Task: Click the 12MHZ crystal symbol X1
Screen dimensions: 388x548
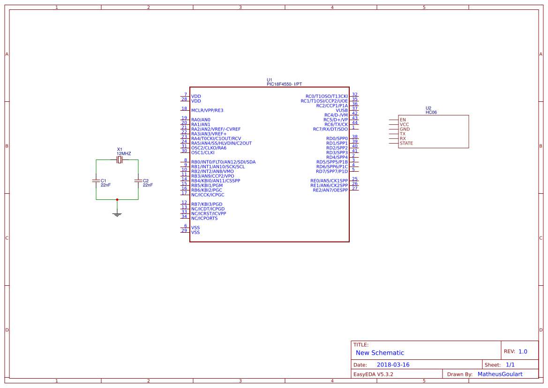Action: (x=120, y=160)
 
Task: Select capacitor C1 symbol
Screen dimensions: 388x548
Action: (x=96, y=181)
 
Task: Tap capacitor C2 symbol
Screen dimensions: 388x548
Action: (x=138, y=181)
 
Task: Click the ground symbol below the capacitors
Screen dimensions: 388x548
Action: (x=117, y=214)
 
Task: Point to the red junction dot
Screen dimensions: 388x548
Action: (x=117, y=199)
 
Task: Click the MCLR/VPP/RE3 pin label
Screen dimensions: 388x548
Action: (x=207, y=110)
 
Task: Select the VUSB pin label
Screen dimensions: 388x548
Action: (x=342, y=110)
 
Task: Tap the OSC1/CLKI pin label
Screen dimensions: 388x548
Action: (x=203, y=152)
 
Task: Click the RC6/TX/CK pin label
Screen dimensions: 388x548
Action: (x=336, y=124)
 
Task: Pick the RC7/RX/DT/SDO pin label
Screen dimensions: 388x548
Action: (x=330, y=129)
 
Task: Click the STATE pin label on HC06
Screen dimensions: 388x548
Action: (x=406, y=143)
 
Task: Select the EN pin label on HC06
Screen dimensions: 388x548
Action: (x=403, y=120)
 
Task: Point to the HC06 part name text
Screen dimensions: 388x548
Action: (x=431, y=113)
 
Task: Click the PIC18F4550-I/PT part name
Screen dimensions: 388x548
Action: (x=285, y=84)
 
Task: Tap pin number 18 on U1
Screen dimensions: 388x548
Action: (x=185, y=108)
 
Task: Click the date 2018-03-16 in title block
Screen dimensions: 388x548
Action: (x=393, y=365)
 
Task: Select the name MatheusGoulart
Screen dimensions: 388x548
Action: (x=500, y=374)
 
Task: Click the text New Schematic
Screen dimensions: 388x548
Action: (x=380, y=353)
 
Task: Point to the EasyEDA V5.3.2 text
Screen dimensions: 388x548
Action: (x=373, y=374)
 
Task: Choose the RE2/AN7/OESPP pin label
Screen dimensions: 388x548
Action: (x=330, y=190)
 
